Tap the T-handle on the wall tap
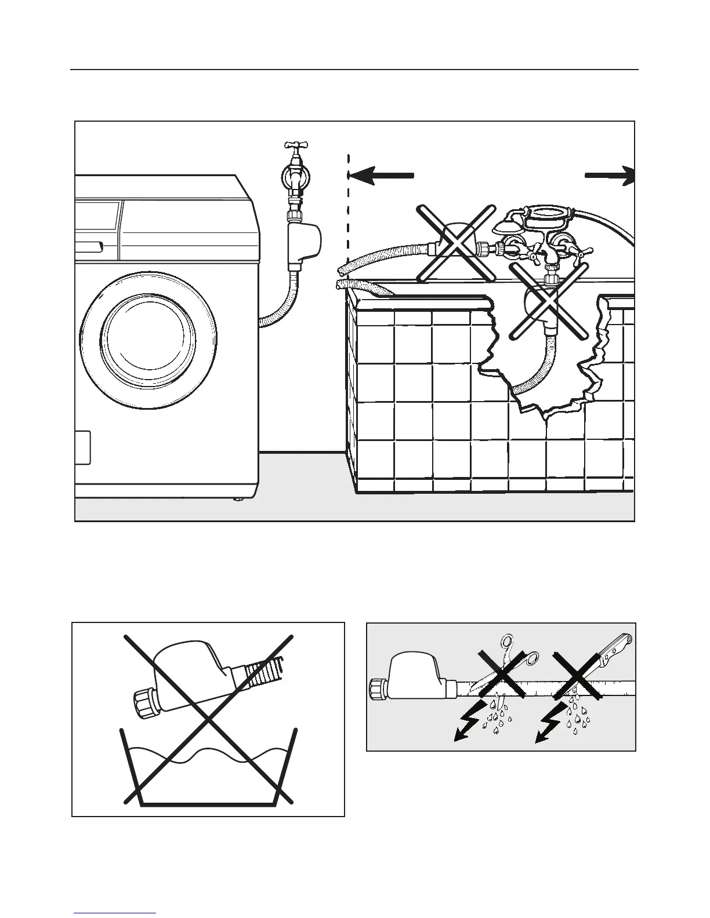(295, 145)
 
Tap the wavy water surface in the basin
(209, 756)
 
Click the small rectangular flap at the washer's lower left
(83, 447)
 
